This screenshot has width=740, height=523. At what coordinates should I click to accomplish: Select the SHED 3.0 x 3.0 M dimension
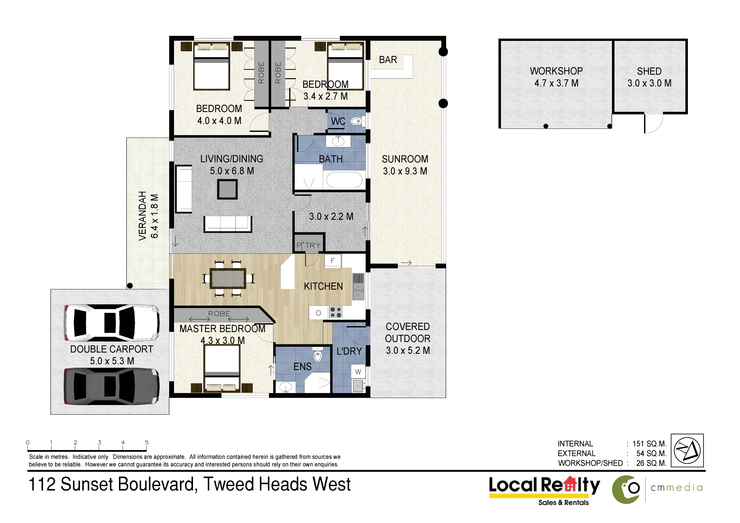pyautogui.click(x=650, y=83)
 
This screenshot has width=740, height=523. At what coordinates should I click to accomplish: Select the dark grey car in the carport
pyautogui.click(x=112, y=386)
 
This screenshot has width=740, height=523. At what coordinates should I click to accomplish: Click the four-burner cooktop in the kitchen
pyautogui.click(x=336, y=313)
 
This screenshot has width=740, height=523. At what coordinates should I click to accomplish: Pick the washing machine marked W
pyautogui.click(x=358, y=372)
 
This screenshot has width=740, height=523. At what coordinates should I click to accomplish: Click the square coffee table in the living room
pyautogui.click(x=227, y=189)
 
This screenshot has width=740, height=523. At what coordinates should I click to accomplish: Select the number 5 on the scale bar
pyautogui.click(x=147, y=442)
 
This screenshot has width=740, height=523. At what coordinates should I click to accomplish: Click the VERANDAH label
pyautogui.click(x=142, y=216)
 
